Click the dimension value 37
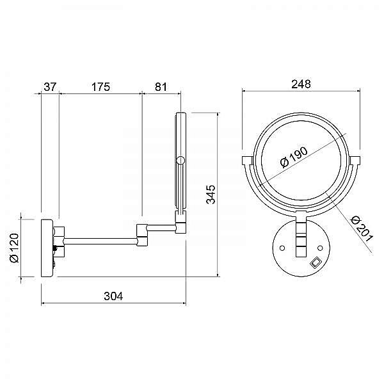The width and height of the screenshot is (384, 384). pos(50,87)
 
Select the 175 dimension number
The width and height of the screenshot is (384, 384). pos(100,87)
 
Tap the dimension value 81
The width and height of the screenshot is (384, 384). pos(161,87)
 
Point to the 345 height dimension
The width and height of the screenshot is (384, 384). pos(211,195)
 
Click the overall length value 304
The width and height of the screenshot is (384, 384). pos(113,296)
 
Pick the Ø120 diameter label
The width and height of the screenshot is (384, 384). pos(14,248)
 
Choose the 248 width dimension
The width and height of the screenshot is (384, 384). pos(301,84)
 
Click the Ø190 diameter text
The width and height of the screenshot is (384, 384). pos(294,157)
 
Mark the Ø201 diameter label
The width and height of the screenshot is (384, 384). pos(362,228)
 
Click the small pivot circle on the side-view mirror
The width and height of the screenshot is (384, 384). pos(180,161)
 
